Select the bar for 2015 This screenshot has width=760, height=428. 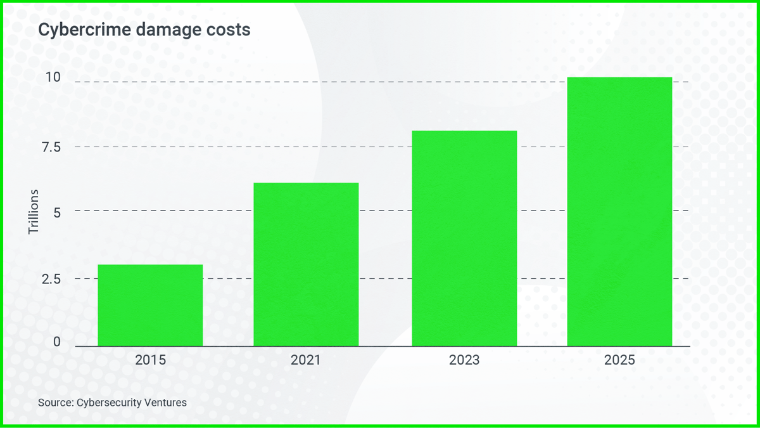[x=150, y=305]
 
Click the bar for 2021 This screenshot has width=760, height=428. [x=306, y=264]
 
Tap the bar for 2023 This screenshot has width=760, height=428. [x=464, y=238]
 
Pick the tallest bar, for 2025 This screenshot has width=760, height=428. [x=619, y=212]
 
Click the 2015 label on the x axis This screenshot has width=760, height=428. [x=150, y=361]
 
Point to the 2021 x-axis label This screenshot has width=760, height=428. [x=306, y=361]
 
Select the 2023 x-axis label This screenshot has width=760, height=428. [x=464, y=361]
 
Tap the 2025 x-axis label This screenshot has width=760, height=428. [x=619, y=361]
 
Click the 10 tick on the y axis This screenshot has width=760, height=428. [x=53, y=78]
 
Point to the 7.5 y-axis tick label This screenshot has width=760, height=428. [x=50, y=147]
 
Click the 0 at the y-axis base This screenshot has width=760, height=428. [x=57, y=342]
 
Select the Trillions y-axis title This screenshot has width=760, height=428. [x=34, y=211]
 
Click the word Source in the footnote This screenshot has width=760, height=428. [x=55, y=402]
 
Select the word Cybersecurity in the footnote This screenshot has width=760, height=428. [x=108, y=402]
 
